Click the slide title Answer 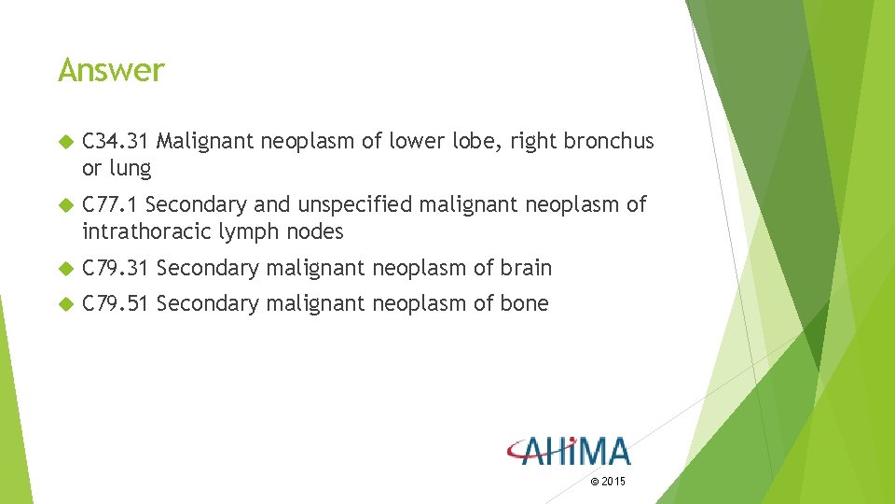(111, 71)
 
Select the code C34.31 (116, 142)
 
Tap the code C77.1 (110, 204)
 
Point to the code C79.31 (116, 269)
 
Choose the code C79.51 (116, 303)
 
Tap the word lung (130, 170)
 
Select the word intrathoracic (147, 231)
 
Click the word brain (526, 269)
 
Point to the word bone (524, 303)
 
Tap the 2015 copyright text (609, 482)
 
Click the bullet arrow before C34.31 (64, 143)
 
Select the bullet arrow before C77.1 (64, 205)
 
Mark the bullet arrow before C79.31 (64, 269)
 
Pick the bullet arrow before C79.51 (64, 304)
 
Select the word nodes (316, 231)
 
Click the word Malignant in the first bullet (205, 142)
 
